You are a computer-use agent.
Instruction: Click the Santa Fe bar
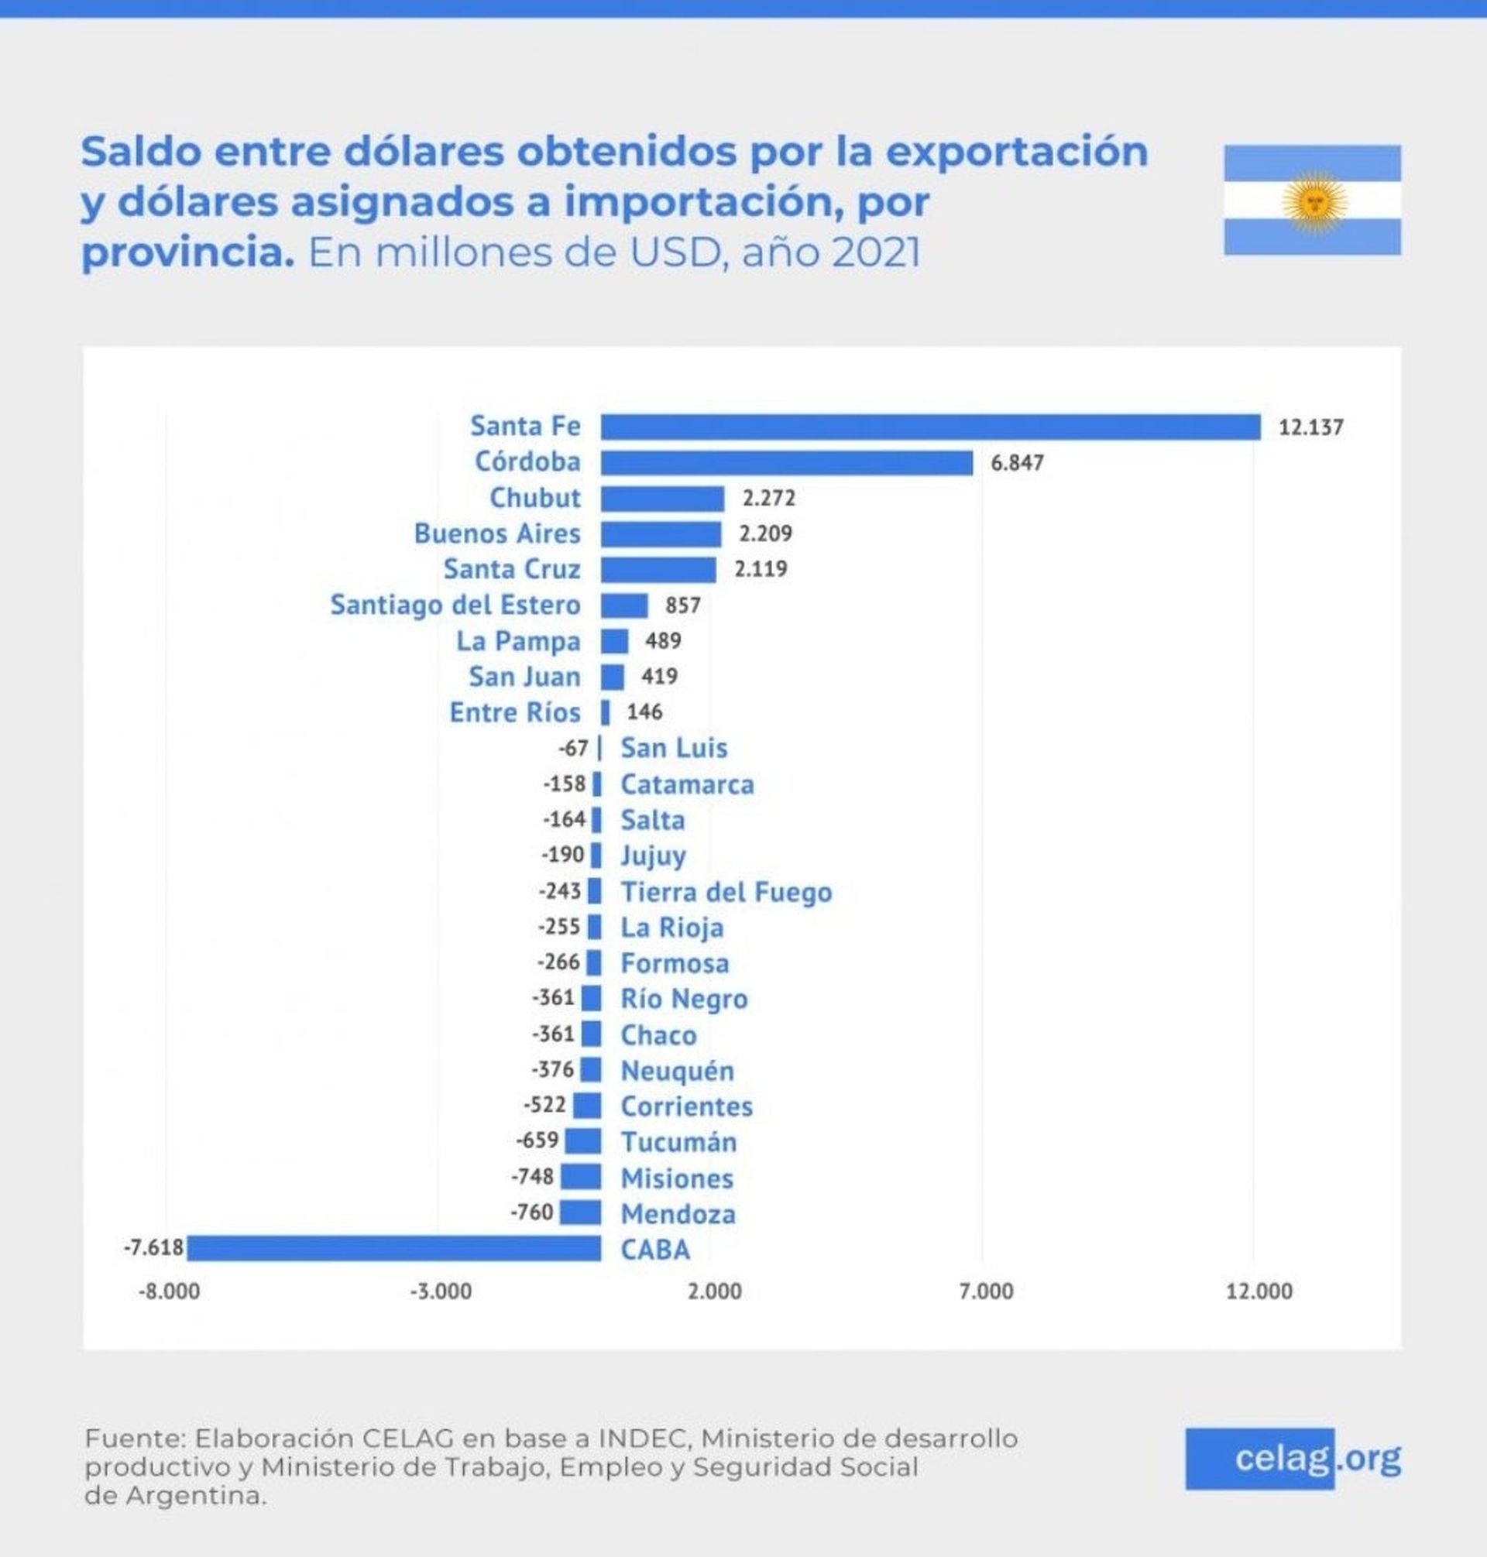[x=930, y=427]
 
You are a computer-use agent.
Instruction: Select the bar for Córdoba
[x=786, y=463]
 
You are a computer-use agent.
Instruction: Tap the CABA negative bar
[x=393, y=1248]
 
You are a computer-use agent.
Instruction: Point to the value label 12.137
[x=1310, y=428]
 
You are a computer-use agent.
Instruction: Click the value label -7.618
[x=154, y=1248]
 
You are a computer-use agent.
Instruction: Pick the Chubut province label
[x=535, y=498]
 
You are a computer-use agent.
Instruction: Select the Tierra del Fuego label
[x=726, y=892]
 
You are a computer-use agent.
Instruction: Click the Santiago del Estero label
[x=455, y=605]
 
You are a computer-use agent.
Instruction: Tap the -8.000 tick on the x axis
[x=169, y=1292]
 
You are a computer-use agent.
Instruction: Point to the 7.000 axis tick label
[x=985, y=1292]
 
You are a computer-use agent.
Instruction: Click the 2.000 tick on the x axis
[x=714, y=1292]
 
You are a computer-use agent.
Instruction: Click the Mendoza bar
[x=580, y=1212]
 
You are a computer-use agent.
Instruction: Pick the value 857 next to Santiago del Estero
[x=682, y=606]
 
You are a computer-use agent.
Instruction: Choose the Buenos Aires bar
[x=661, y=534]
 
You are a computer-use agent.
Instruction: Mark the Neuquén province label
[x=677, y=1071]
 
